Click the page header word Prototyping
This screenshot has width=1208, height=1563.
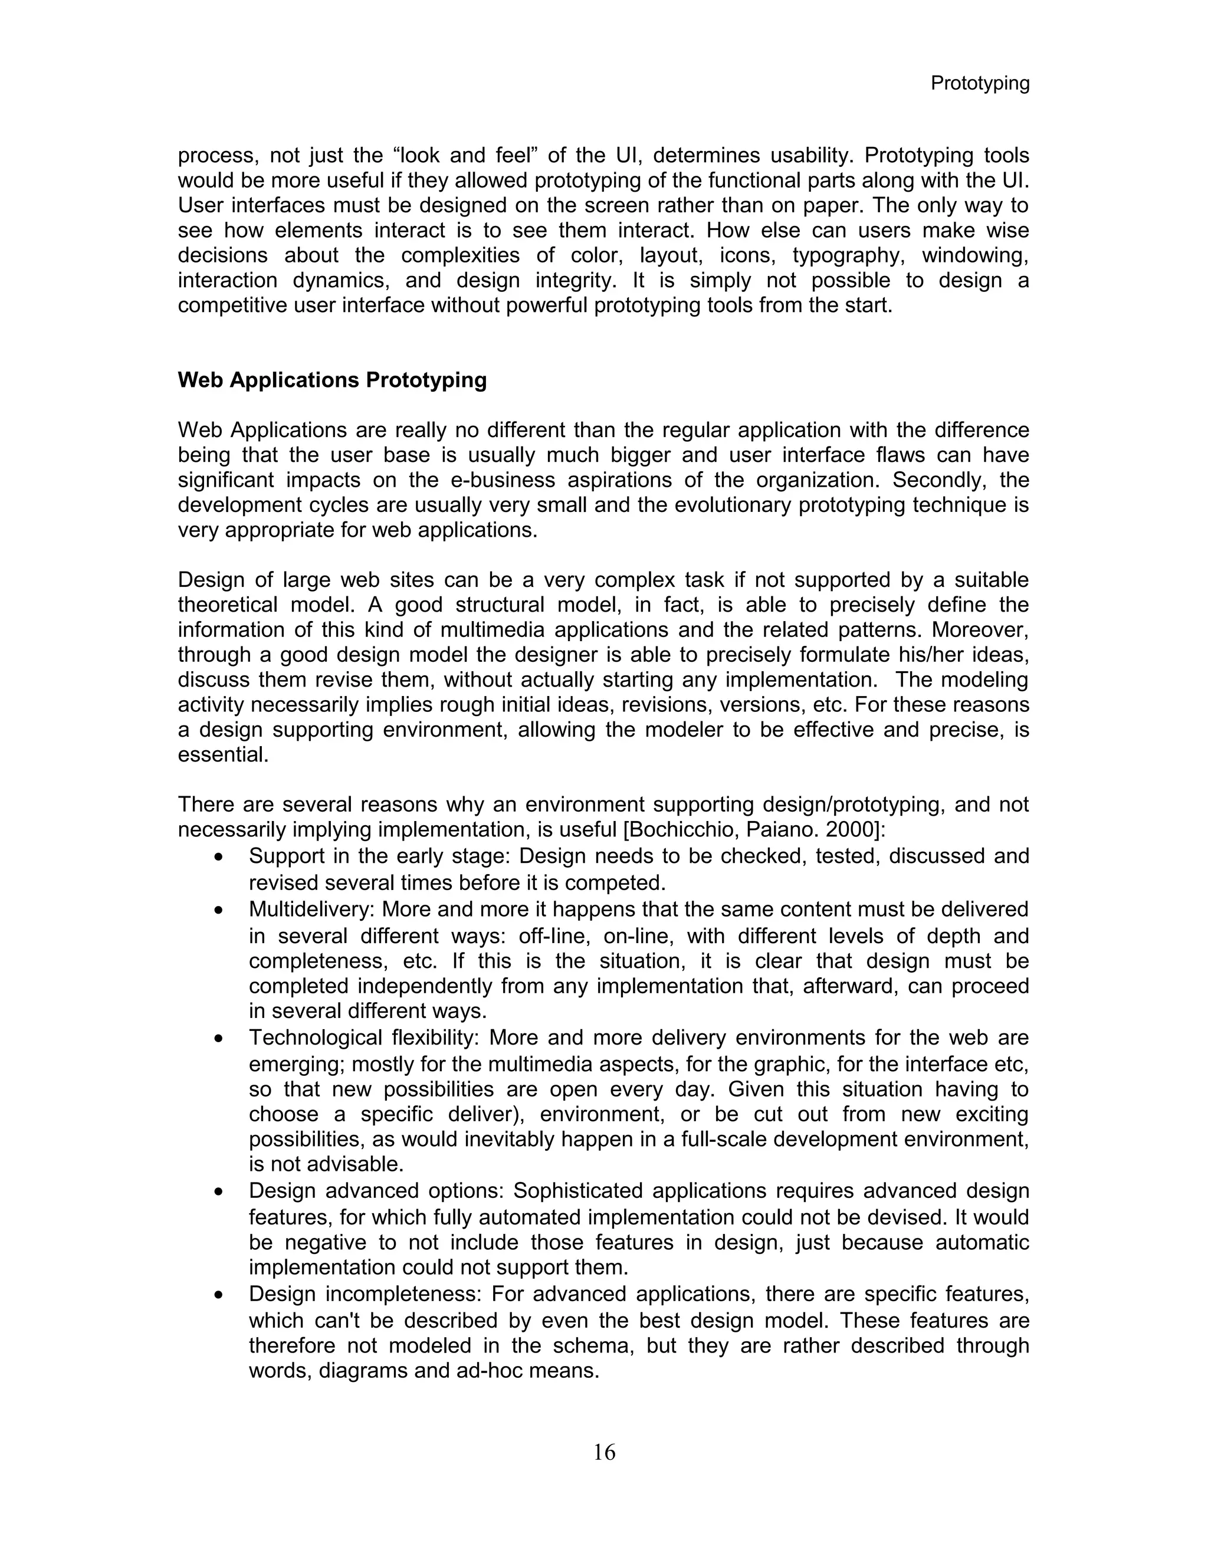[x=979, y=84]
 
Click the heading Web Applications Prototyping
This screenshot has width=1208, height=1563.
[x=332, y=380]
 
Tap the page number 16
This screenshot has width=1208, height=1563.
[x=604, y=1452]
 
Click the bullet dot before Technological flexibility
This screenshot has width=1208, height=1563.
[x=219, y=1040]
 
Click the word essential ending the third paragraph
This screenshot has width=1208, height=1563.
[x=222, y=755]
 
